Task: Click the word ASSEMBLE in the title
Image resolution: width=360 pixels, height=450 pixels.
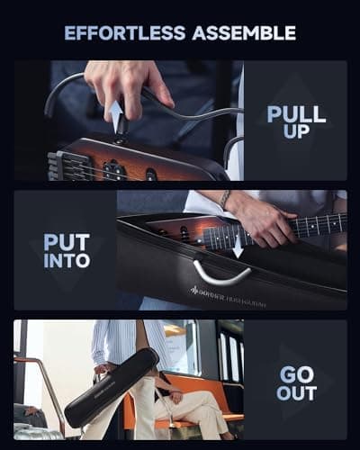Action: (x=241, y=33)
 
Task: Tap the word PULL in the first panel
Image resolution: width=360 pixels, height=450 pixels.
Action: (x=295, y=114)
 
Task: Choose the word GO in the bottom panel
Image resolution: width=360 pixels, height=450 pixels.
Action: (x=296, y=372)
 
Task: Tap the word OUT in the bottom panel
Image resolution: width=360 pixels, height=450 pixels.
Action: (x=296, y=393)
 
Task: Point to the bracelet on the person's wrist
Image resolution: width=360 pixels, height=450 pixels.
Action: (x=225, y=199)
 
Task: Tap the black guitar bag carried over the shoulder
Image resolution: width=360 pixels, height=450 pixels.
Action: (x=112, y=388)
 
